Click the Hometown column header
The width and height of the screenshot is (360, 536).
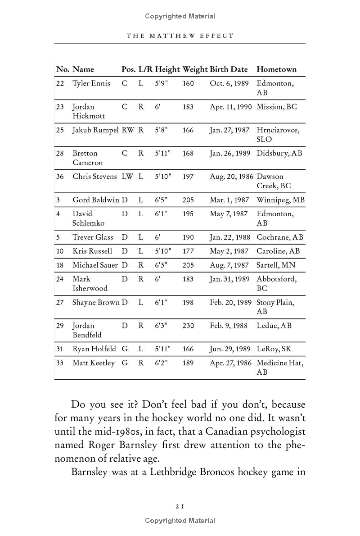pyautogui.click(x=276, y=69)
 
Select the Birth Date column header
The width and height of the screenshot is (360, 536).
pyautogui.click(x=229, y=69)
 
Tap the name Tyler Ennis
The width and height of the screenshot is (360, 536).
pyautogui.click(x=91, y=84)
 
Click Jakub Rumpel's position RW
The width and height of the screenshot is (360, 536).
pyautogui.click(x=127, y=130)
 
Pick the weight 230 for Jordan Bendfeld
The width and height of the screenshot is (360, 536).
pyautogui.click(x=188, y=326)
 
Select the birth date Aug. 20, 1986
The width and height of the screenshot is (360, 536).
pyautogui.click(x=230, y=177)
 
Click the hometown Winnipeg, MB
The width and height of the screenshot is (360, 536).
pyautogui.click(x=280, y=200)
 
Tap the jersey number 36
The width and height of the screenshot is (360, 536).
pyautogui.click(x=60, y=177)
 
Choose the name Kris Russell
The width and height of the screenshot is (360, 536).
pyautogui.click(x=92, y=251)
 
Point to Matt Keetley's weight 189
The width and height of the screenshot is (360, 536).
pyautogui.click(x=188, y=363)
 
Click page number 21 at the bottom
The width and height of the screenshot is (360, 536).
pyautogui.click(x=180, y=506)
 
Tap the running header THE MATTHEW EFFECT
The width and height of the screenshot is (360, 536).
pyautogui.click(x=180, y=36)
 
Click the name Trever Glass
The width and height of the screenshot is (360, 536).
pyautogui.click(x=93, y=237)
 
